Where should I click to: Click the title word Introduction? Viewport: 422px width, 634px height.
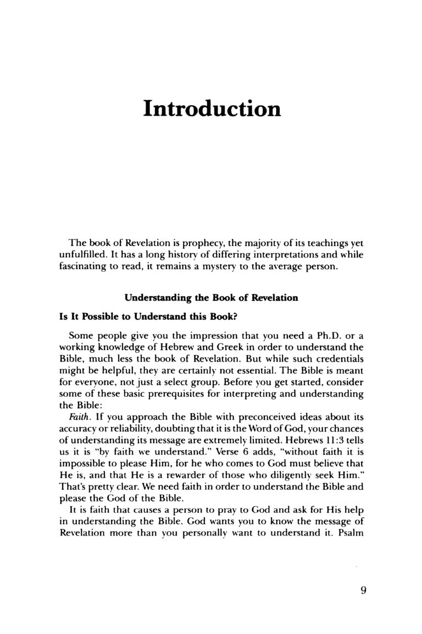click(212, 108)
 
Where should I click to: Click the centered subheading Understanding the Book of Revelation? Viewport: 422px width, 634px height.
click(211, 298)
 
